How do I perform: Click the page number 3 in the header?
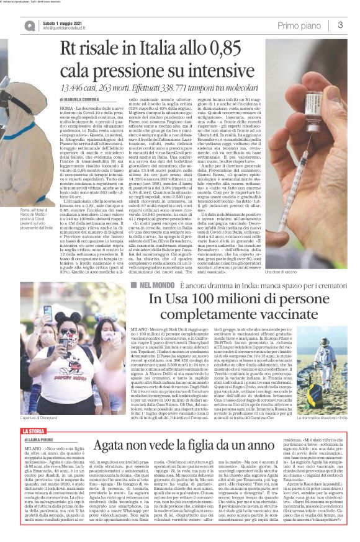coord(341,25)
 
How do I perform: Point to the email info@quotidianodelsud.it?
coord(68,28)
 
